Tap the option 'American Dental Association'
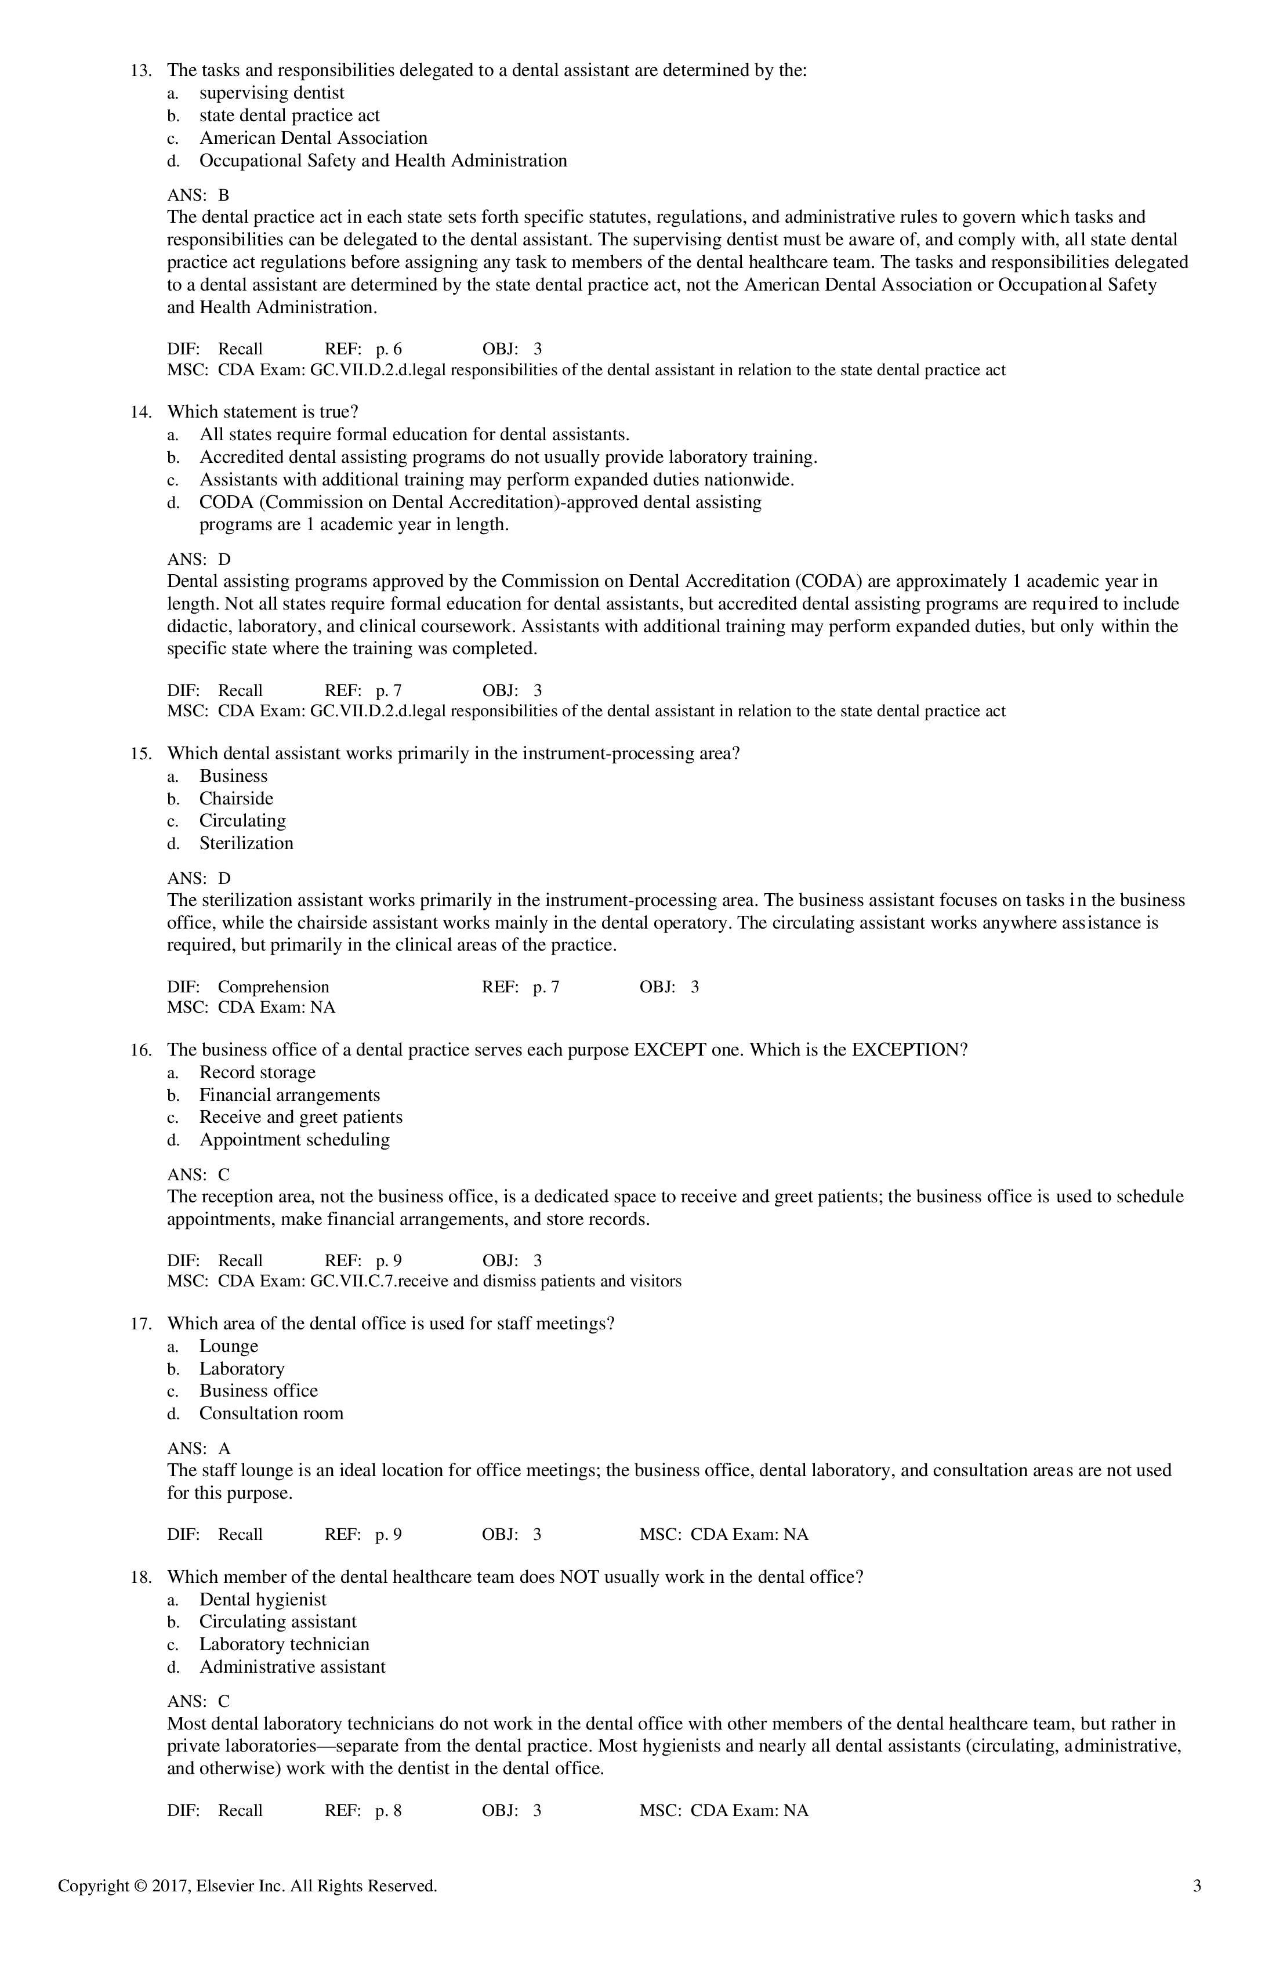tap(313, 137)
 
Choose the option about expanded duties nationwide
tap(496, 480)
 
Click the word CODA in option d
tap(222, 502)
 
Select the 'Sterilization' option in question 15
tap(246, 843)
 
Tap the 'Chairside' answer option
tap(236, 798)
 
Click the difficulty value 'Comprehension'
tap(273, 986)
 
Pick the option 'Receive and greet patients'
tap(301, 1117)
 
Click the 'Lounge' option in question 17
tap(229, 1346)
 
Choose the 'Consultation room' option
tap(271, 1413)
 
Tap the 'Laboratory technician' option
tap(284, 1644)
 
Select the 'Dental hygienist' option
tap(263, 1599)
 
